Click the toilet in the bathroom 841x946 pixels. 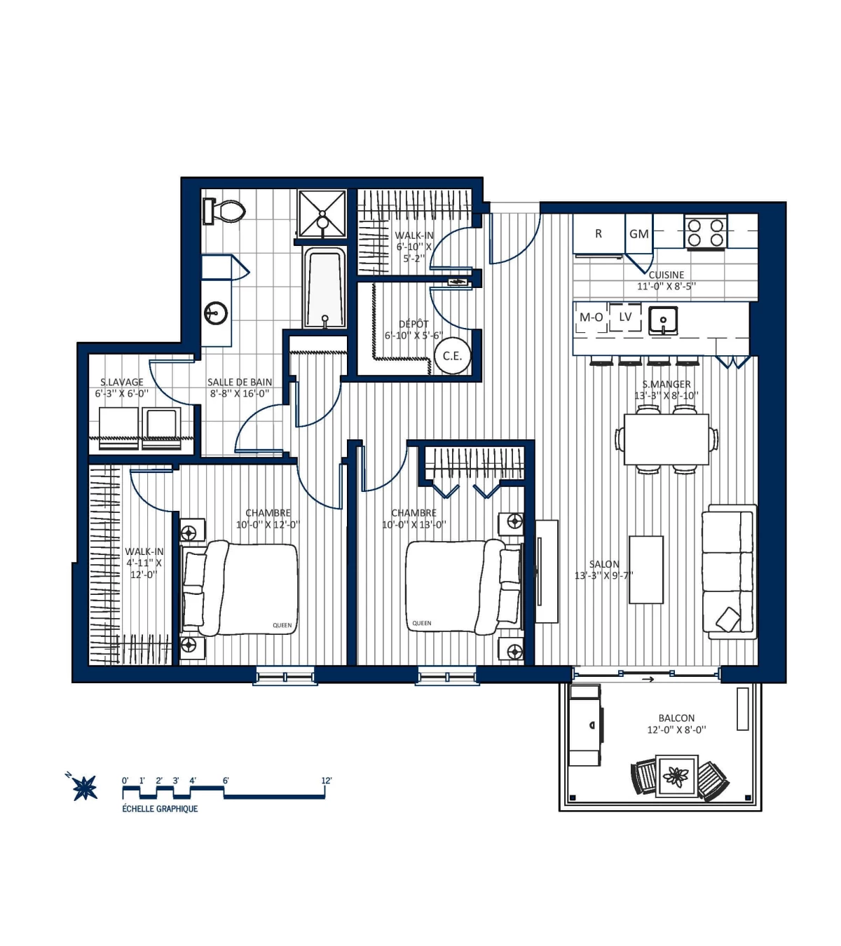point(226,211)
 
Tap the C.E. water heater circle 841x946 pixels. point(452,356)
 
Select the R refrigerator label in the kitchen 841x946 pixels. point(599,234)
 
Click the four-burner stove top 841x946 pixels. point(706,233)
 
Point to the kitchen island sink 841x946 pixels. point(663,320)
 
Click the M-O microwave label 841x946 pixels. point(591,317)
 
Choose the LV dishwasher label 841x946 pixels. point(625,317)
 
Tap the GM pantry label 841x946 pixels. point(638,234)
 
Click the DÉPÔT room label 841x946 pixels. point(413,324)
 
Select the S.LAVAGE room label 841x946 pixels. point(122,382)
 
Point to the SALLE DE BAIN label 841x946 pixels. point(240,382)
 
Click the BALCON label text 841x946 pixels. point(676,718)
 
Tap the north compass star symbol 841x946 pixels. point(86,788)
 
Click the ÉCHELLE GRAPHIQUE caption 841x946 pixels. point(160,809)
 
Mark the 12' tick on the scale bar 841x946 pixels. point(326,781)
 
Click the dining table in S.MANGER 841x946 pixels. point(666,439)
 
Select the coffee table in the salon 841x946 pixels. point(646,569)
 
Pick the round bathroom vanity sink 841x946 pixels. point(216,313)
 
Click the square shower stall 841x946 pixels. point(322,212)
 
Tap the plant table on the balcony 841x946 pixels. point(677,776)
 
